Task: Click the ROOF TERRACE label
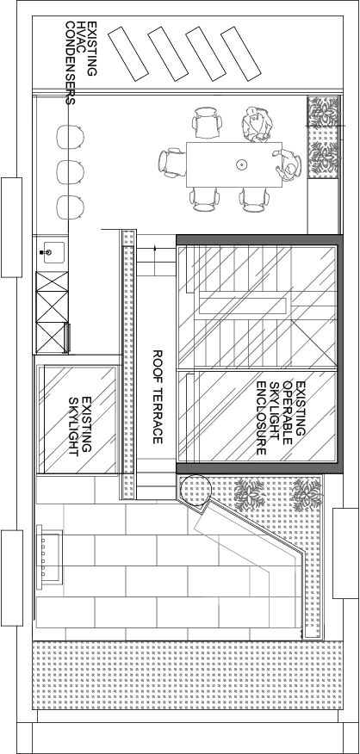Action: pos(158,397)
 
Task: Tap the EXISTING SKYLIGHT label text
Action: pos(80,426)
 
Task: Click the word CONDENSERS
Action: pos(70,63)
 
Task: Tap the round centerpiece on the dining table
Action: pos(240,165)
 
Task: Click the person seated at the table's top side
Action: pos(257,125)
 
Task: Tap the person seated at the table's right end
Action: pos(289,165)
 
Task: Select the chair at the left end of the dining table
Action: pos(172,163)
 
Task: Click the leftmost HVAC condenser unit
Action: pos(128,53)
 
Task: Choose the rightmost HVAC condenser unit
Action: pos(240,53)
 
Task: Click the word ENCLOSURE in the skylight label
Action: pos(261,417)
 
